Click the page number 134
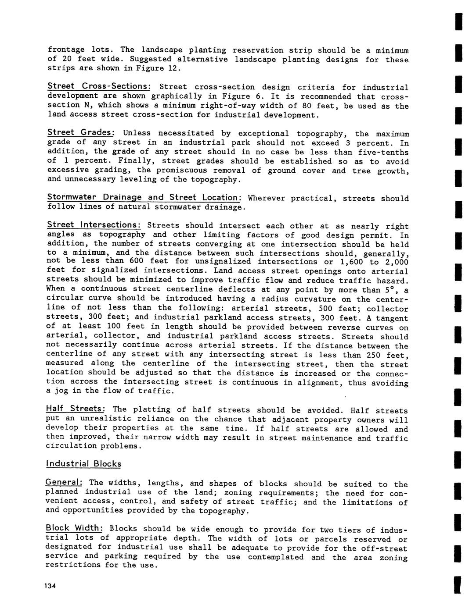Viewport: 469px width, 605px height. (51, 587)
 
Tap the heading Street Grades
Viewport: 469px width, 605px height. (81, 132)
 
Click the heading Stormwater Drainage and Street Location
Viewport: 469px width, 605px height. (144, 197)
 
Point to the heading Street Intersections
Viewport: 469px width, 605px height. (94, 225)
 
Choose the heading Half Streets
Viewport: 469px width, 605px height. (75, 409)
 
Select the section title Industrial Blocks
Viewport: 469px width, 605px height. (83, 464)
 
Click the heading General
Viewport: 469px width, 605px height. (64, 482)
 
